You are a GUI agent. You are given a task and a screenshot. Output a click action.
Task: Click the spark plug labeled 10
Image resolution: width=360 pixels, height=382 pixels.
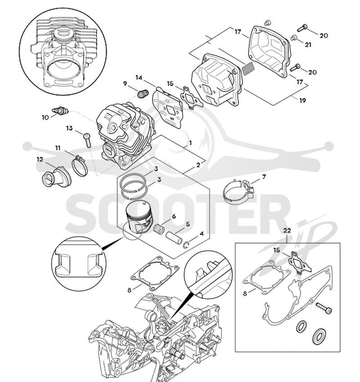point(60,111)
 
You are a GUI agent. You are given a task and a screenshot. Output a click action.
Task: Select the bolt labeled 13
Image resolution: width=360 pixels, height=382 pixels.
point(87,140)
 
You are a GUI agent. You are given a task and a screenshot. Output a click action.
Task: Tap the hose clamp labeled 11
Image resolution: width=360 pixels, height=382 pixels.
point(80,165)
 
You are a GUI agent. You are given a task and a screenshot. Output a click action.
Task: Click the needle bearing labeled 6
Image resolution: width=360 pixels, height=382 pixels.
point(159,228)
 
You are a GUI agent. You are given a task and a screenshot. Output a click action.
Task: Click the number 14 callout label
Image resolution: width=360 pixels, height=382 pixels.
point(139,77)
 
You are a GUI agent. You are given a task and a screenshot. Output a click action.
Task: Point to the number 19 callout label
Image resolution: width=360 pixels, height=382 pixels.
point(302,100)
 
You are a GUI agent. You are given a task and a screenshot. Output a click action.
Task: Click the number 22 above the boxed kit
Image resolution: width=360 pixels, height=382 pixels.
point(287,230)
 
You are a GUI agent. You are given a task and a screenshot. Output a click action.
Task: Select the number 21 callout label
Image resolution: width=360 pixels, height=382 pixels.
point(308,45)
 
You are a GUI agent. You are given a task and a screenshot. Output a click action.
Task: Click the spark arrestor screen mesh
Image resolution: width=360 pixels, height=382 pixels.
point(248,68)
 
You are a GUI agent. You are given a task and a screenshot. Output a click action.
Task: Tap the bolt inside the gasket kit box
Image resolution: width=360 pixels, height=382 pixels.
point(324,308)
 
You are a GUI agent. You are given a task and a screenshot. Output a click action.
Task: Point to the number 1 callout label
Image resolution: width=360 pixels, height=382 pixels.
point(190,143)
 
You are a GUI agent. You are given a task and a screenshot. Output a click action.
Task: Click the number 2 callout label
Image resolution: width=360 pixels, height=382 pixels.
point(198,165)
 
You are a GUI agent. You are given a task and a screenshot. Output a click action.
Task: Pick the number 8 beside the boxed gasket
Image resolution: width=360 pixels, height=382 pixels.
point(245,293)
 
